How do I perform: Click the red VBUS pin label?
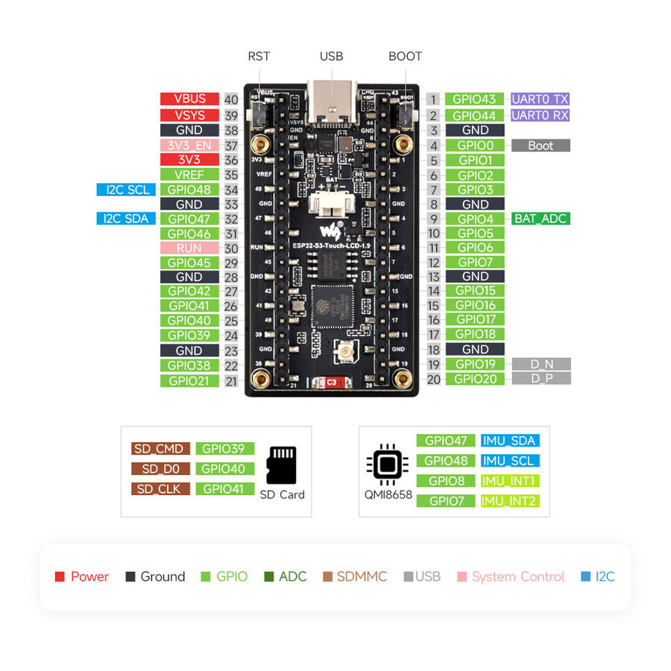pos(189,99)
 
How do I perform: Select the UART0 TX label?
pos(541,99)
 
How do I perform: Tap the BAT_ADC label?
pos(541,219)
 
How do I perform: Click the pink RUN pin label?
pos(189,248)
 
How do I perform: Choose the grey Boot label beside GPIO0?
pos(541,145)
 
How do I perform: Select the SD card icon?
pos(282,465)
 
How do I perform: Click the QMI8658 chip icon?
pos(386,465)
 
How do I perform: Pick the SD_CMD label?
pos(160,449)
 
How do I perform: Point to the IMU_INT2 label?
pos(510,501)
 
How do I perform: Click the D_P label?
pos(541,379)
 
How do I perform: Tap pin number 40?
pos(231,100)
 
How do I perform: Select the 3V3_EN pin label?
pos(189,146)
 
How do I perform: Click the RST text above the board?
pos(259,57)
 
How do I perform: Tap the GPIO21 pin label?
pos(189,380)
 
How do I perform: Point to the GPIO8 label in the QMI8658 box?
pos(447,481)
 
